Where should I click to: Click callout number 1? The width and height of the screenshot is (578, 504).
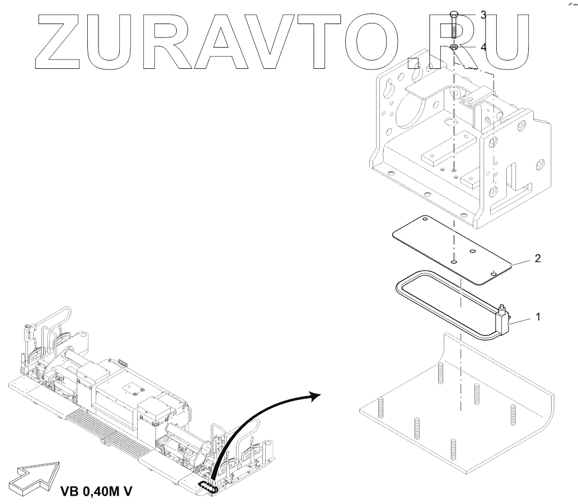[538, 316]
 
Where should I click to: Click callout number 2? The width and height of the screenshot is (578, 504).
[537, 259]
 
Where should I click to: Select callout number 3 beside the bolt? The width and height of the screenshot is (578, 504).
[483, 15]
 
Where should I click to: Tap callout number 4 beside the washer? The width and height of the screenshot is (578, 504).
[483, 48]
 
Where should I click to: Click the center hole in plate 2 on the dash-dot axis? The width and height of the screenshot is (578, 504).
[454, 261]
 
